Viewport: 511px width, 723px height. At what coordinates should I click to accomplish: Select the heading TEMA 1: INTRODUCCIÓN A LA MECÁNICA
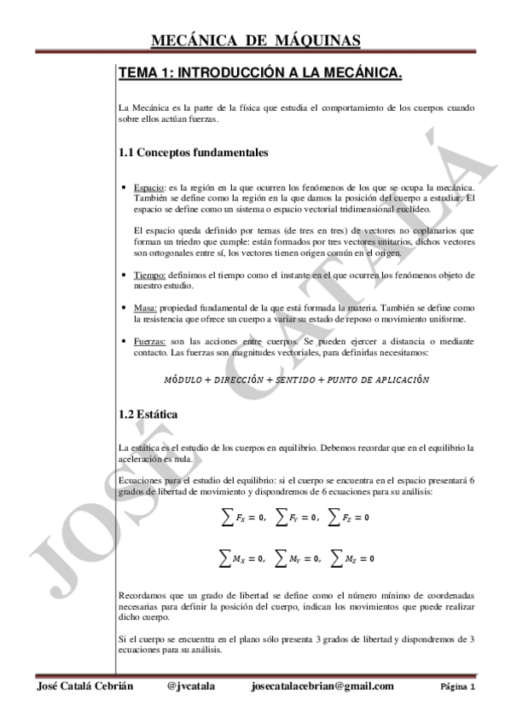pyautogui.click(x=259, y=75)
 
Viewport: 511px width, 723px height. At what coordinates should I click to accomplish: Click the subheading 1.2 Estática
pyautogui.click(x=148, y=414)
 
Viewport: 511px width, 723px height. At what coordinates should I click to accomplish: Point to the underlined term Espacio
pyautogui.click(x=149, y=187)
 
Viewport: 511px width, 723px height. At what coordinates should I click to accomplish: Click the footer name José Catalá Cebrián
pyautogui.click(x=85, y=686)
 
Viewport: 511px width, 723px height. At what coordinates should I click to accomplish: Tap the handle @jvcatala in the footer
pyautogui.click(x=191, y=686)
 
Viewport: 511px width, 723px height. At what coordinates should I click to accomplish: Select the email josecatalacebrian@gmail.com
pyautogui.click(x=323, y=686)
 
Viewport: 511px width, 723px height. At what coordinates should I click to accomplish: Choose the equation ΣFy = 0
pyautogui.click(x=296, y=517)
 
